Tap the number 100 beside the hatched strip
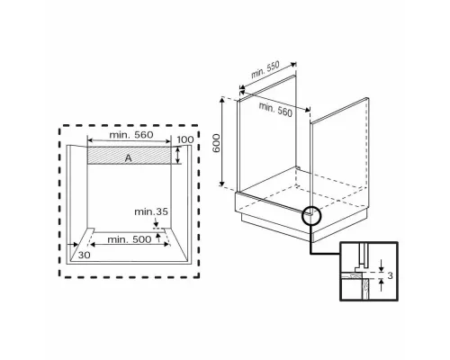pyautogui.click(x=185, y=141)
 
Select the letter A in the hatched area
pyautogui.click(x=128, y=157)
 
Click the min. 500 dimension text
pyautogui.click(x=128, y=240)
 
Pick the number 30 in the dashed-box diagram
pyautogui.click(x=84, y=255)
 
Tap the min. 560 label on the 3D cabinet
pyautogui.click(x=277, y=109)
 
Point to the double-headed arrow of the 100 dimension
pyautogui.click(x=178, y=156)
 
